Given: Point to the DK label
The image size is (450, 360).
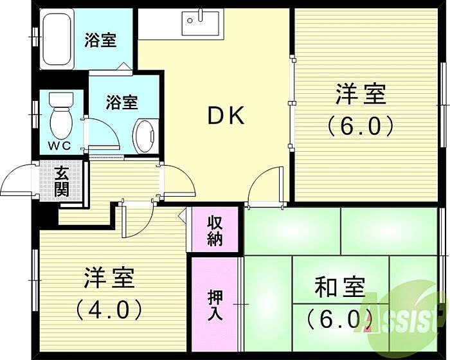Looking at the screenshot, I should (225, 116).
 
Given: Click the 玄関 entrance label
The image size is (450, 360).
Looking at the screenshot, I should (62, 181).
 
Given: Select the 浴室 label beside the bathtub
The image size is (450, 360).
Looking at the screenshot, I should (100, 40).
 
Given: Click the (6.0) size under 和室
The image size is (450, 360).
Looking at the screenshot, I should (339, 318).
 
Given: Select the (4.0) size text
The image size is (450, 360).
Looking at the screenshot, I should (109, 311).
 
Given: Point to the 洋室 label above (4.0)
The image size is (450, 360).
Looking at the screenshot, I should (109, 280).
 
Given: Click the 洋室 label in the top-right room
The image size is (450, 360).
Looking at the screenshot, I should (360, 94).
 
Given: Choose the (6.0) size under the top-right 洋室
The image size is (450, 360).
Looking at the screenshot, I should (360, 127).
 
